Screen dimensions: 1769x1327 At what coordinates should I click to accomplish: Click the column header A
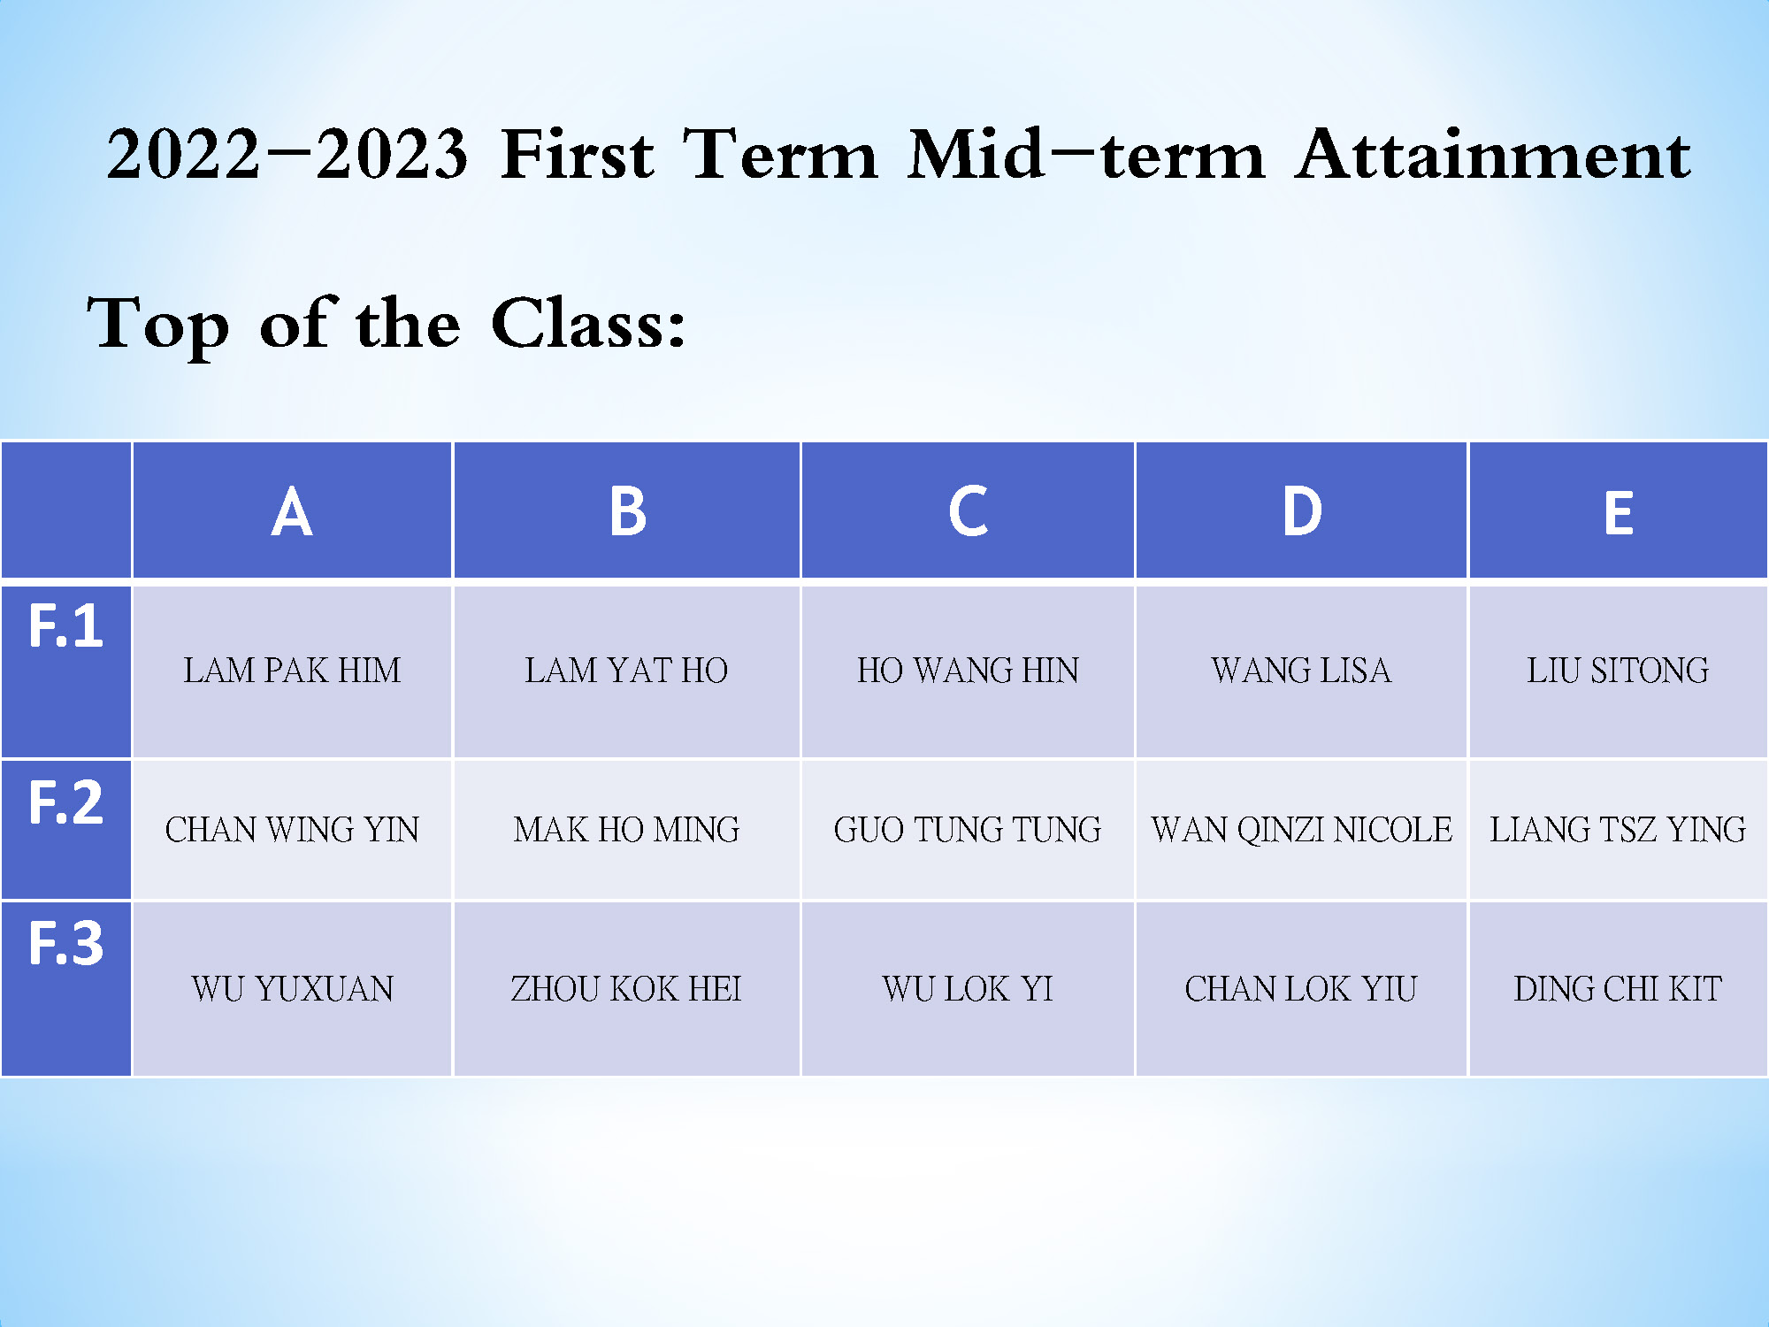[292, 512]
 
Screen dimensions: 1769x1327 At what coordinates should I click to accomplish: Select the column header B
[628, 512]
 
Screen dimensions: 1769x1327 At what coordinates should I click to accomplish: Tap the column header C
[968, 511]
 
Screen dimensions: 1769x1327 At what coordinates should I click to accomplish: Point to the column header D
[1302, 511]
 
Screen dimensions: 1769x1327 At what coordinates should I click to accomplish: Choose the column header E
[1619, 513]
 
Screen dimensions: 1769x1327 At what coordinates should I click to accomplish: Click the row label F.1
[66, 626]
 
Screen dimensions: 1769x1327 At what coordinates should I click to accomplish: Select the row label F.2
[66, 802]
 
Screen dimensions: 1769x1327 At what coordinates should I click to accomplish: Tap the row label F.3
[66, 943]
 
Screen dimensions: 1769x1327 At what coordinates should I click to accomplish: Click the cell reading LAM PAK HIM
[292, 671]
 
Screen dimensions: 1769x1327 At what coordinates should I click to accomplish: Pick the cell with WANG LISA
[1301, 671]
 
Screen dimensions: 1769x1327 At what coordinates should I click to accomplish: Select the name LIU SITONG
[1618, 671]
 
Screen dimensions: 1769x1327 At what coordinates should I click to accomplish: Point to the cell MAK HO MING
[626, 830]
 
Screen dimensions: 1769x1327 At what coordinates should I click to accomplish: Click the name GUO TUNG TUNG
[968, 830]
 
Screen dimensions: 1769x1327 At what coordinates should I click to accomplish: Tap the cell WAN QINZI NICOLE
[1301, 830]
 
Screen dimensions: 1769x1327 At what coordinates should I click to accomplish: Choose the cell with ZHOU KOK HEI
[626, 989]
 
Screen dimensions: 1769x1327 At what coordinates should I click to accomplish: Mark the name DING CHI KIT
[1618, 989]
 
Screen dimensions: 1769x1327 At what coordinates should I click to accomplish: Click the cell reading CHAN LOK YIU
[1301, 989]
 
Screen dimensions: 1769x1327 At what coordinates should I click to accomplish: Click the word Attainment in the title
[1493, 155]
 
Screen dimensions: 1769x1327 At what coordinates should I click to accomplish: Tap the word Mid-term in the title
[1086, 155]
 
